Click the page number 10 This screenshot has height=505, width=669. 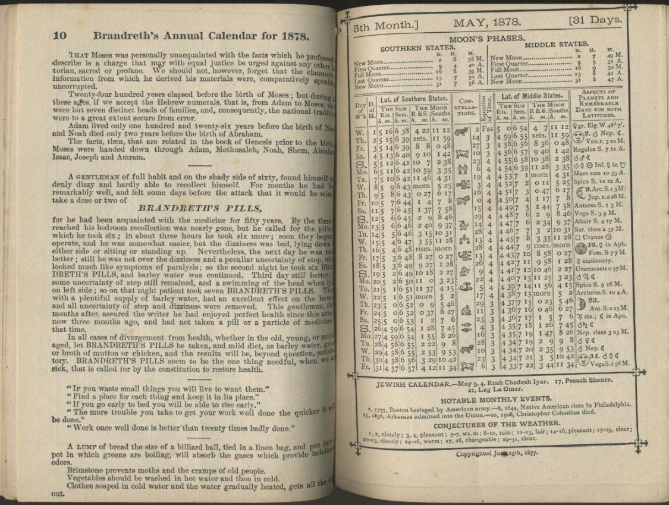(59, 35)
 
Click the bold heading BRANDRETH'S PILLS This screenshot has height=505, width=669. (199, 208)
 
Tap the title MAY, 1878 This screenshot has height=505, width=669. (487, 23)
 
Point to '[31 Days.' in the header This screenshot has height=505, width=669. (595, 21)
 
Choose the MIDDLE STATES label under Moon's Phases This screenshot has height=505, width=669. (556, 44)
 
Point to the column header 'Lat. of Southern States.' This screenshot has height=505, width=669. (414, 99)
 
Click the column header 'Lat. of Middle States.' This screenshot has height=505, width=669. (531, 96)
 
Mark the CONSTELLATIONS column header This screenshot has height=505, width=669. (466, 107)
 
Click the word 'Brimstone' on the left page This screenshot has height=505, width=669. (87, 471)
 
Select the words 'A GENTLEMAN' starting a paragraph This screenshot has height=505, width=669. (95, 177)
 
